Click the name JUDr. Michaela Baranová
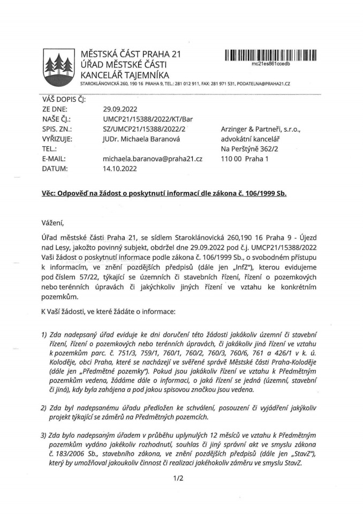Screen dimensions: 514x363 (143, 139)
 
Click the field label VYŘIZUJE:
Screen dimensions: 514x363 (57, 139)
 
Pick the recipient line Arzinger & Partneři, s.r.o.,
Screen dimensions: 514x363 (262, 129)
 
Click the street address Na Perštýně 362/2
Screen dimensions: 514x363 (249, 149)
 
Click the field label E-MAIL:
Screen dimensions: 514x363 (55, 159)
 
